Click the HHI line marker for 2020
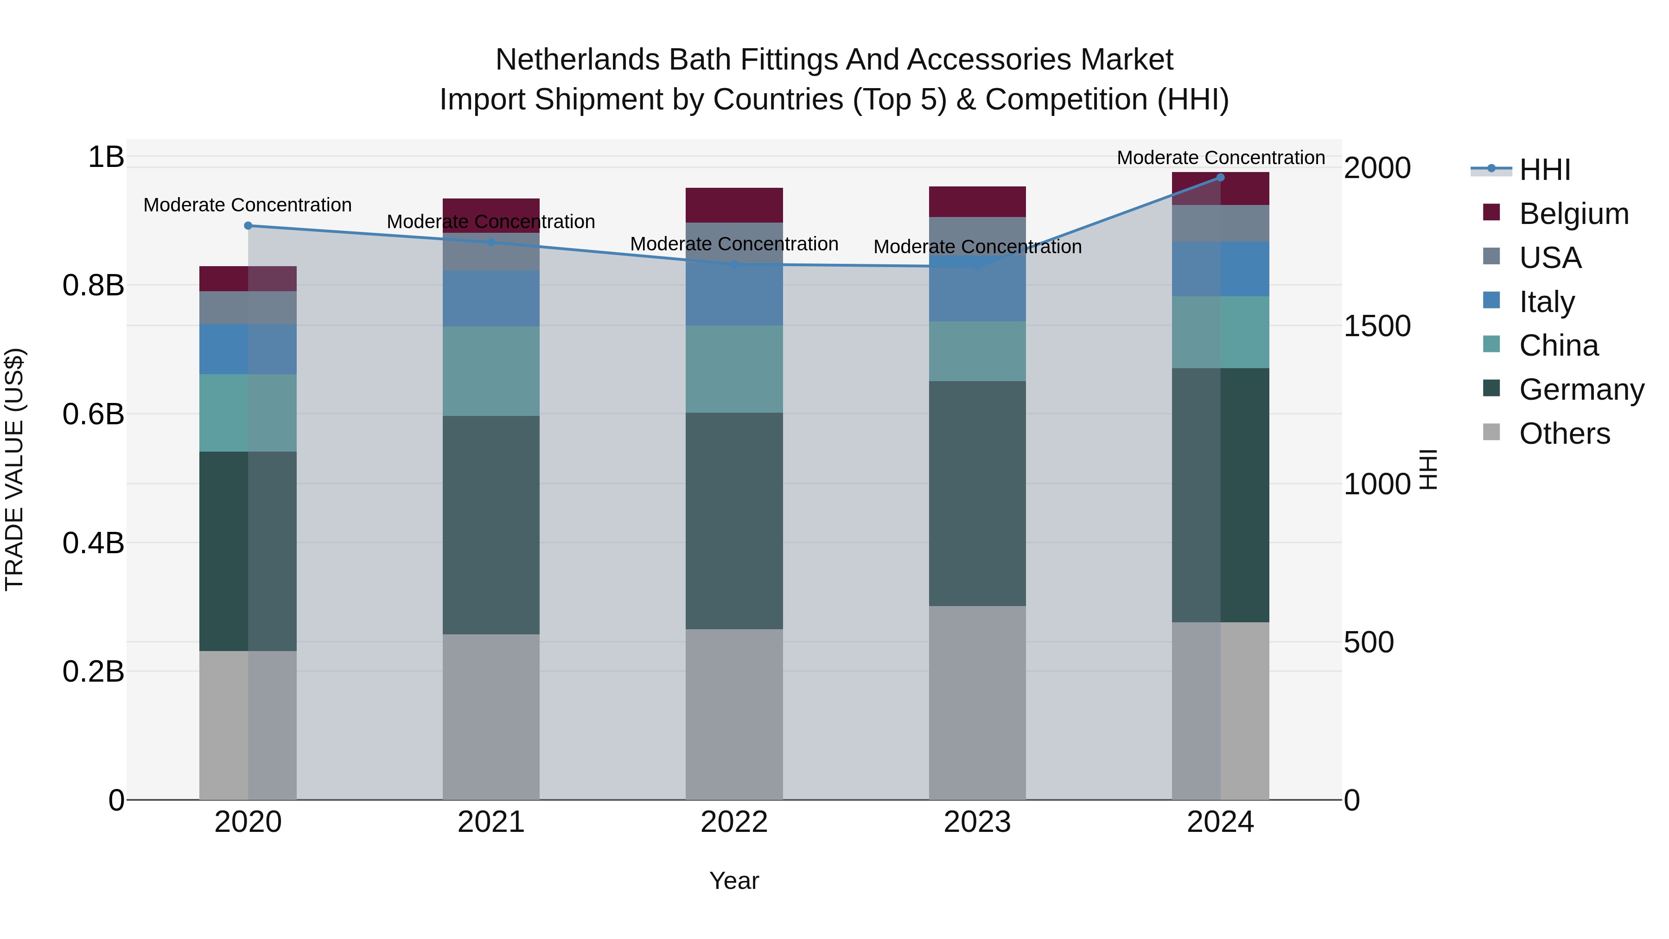coord(248,225)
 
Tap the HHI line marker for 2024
coord(1220,178)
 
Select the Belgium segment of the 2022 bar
coord(734,205)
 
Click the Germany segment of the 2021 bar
coord(491,524)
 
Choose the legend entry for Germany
coord(1581,390)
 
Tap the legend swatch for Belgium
coord(1491,212)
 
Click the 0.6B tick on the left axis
coord(93,414)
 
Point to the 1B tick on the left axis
coord(106,157)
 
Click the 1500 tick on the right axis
coord(1377,326)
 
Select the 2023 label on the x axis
coord(977,822)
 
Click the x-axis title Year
coord(733,881)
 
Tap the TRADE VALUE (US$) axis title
coord(15,469)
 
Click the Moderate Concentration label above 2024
coord(1220,158)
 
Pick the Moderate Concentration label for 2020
coord(248,205)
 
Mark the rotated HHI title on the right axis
coord(1427,469)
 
